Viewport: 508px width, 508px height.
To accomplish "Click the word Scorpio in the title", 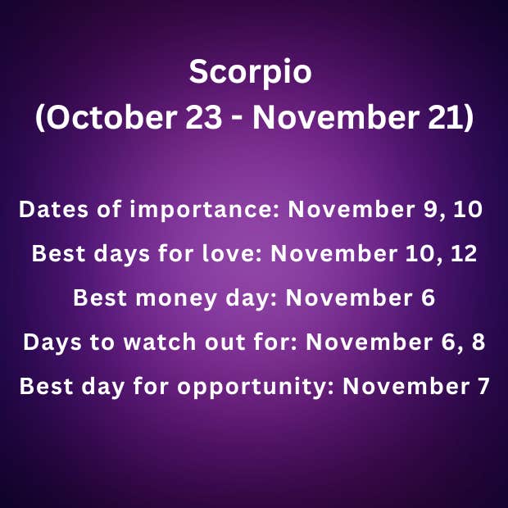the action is tap(250, 72).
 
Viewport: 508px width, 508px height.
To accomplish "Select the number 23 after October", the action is tap(204, 117).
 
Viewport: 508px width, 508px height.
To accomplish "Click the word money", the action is tap(176, 298).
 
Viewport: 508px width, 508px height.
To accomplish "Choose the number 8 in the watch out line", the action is tap(479, 342).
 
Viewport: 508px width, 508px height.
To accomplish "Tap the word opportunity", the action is tap(256, 387).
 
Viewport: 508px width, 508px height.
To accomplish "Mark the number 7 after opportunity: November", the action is tap(483, 386).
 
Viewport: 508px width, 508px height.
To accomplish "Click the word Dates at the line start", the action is tap(53, 209).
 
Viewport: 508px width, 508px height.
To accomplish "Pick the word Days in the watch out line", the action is tap(52, 342).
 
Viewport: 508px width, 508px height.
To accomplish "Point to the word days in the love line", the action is tap(122, 254).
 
